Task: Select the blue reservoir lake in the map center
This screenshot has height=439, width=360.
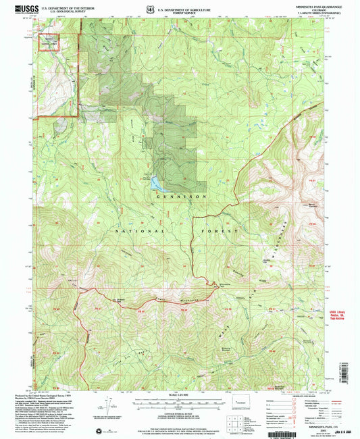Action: coord(157,183)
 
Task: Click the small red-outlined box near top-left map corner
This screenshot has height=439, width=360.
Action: coord(51,42)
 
